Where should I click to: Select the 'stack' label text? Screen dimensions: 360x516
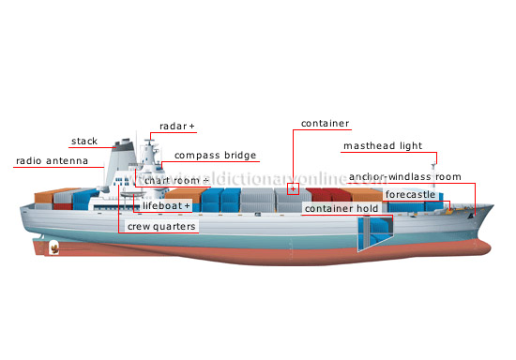pos(84,142)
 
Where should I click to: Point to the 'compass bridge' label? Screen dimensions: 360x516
pos(215,156)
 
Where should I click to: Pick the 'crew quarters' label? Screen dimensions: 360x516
pos(161,227)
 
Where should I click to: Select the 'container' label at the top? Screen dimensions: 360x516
pos(325,123)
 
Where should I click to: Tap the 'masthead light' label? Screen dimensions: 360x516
pos(381,145)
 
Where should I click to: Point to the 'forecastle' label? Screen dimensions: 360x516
pos(409,195)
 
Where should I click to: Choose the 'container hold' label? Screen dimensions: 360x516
pos(341,208)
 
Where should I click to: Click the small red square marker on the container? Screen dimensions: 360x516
pos(293,189)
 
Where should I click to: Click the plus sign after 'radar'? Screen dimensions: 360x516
pos(191,125)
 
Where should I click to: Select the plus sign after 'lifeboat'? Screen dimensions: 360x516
pos(187,205)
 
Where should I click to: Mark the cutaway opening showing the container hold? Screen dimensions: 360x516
pos(371,234)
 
